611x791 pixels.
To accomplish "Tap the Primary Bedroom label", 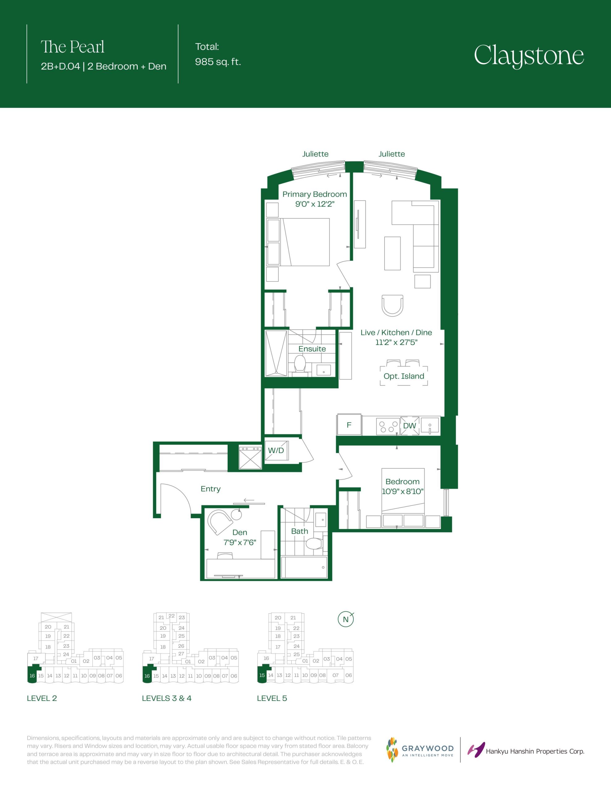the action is pos(314,194).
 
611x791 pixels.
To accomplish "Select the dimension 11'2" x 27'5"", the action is pos(396,342).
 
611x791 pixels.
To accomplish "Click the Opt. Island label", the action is pos(404,376).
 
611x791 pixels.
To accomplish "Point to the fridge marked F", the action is pos(349,425).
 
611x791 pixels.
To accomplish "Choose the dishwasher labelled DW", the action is pos(410,425).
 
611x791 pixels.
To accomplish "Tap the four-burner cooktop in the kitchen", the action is pos(388,426).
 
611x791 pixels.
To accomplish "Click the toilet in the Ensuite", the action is pos(300,363).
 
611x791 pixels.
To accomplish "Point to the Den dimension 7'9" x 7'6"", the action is pos(240,542).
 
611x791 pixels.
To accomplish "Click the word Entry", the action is pos(210,489).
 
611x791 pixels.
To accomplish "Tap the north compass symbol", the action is pos(346,619).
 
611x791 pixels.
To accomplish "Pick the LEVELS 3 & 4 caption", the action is pos(166,698).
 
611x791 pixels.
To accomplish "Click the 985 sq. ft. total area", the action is pos(218,62).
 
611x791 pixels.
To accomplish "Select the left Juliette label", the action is pos(315,154).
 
